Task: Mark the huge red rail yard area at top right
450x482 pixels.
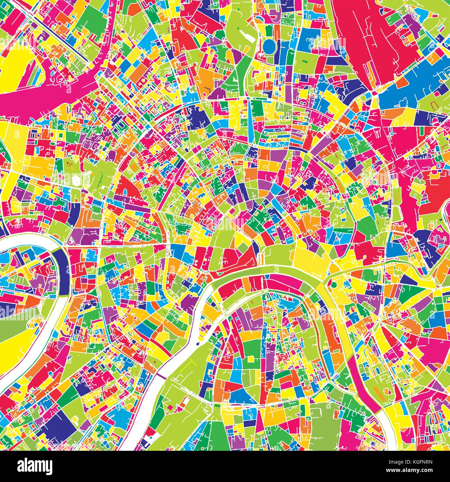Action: tap(363, 35)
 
